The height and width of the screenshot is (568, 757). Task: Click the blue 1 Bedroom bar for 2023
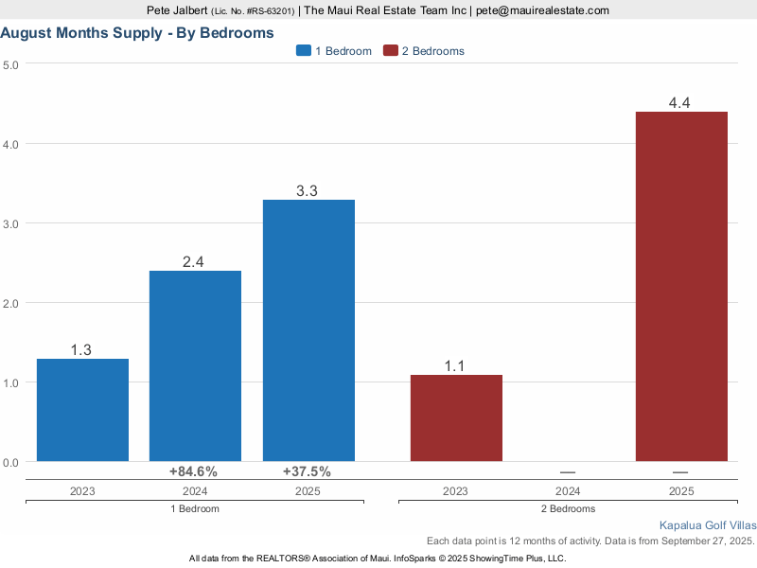point(82,410)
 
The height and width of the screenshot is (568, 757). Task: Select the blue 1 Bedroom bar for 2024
point(195,366)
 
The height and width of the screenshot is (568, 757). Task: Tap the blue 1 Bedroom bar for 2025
point(308,330)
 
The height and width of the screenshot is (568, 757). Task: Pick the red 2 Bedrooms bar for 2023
point(456,417)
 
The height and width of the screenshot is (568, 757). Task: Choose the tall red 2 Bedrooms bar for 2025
point(681,286)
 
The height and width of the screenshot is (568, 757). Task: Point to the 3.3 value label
point(308,191)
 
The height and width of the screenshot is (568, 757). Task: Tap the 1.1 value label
point(456,366)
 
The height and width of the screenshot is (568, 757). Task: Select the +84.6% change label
point(194,471)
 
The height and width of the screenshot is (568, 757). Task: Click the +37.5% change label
point(308,471)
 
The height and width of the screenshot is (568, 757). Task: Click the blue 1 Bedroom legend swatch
point(304,51)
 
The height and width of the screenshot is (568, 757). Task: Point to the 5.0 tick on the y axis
point(10,64)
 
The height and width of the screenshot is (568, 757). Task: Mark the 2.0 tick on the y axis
point(10,303)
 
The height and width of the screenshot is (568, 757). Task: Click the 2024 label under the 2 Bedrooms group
point(569,491)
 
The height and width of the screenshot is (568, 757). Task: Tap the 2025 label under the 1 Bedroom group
point(308,491)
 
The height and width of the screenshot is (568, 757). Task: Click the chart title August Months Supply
point(137,32)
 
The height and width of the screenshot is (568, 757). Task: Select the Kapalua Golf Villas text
point(708,524)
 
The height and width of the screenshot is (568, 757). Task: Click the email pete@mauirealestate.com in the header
point(542,10)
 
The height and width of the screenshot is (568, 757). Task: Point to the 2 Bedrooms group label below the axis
point(569,509)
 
